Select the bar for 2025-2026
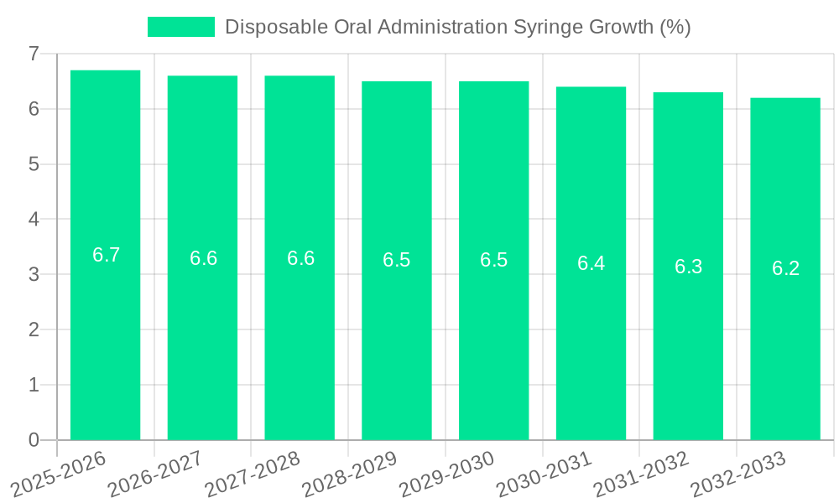click(x=105, y=335)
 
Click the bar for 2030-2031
click(x=591, y=352)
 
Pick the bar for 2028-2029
click(x=397, y=352)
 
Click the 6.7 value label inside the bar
click(x=106, y=255)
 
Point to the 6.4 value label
click(x=591, y=263)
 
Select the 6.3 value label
click(x=688, y=267)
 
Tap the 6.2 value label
click(x=785, y=268)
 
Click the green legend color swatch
click(x=180, y=27)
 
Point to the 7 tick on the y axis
click(x=34, y=54)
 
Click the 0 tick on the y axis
click(x=34, y=440)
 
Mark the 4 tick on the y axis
click(x=34, y=220)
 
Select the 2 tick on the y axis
click(x=34, y=330)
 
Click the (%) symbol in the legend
click(x=675, y=27)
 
